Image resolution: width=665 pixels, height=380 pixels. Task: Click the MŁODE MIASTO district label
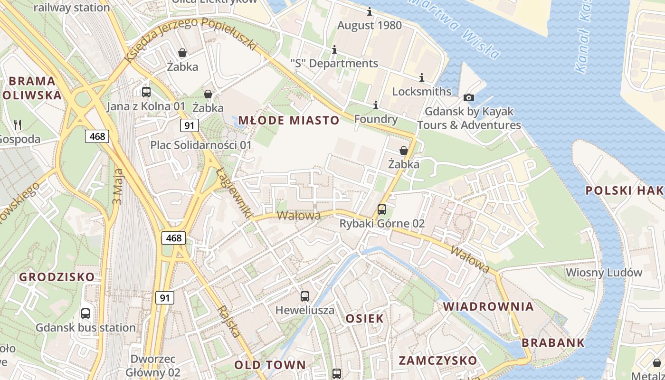[289, 120]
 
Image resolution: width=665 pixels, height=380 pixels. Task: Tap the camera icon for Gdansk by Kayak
[469, 97]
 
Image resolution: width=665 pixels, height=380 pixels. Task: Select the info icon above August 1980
[370, 12]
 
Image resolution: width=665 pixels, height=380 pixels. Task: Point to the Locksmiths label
[421, 91]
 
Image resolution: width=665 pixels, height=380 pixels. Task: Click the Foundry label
[376, 119]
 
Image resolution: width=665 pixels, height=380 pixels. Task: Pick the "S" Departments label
[334, 63]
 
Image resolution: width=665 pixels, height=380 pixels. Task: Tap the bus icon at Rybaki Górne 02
[381, 209]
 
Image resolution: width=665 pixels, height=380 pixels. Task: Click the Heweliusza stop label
[305, 310]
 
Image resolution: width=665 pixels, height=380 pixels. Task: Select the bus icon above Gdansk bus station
[85, 313]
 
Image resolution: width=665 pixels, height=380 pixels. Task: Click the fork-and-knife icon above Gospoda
[18, 125]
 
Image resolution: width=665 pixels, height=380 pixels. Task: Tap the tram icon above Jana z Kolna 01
[146, 92]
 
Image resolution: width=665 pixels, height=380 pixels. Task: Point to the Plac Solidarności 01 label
[201, 144]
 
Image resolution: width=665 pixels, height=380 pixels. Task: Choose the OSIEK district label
[364, 318]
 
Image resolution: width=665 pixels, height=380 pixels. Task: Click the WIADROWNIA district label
[488, 306]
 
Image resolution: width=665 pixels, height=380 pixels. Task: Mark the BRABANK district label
[553, 342]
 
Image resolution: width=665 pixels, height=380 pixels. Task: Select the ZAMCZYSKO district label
[437, 360]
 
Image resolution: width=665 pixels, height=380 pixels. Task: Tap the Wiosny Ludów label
[604, 273]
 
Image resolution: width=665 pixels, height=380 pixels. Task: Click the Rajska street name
[229, 321]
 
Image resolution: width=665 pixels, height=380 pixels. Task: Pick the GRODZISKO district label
[57, 277]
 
